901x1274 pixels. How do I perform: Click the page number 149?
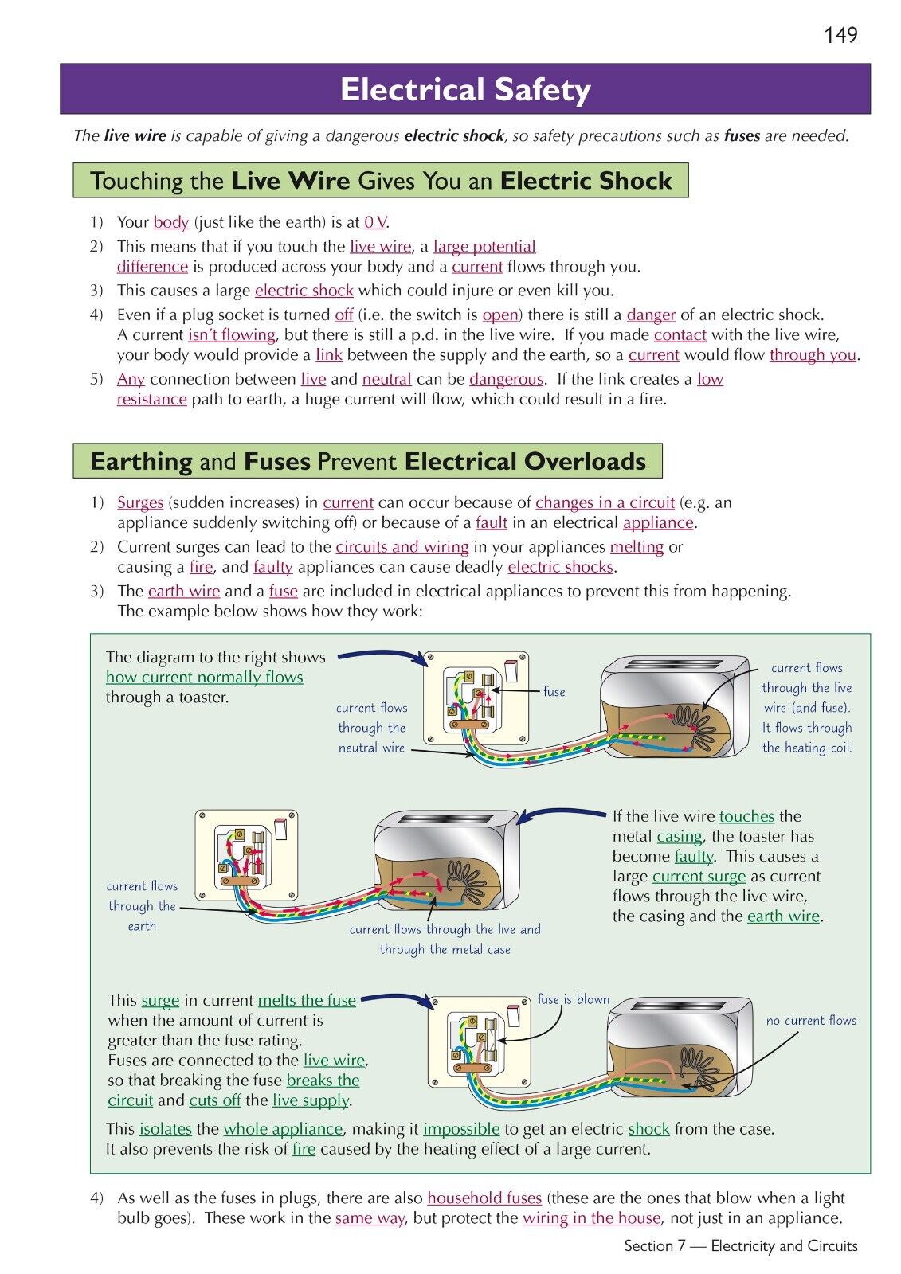click(x=840, y=35)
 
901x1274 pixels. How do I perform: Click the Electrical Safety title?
click(x=465, y=90)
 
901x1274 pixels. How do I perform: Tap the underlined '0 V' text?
click(x=375, y=222)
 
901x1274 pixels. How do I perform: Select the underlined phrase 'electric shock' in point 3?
click(x=304, y=291)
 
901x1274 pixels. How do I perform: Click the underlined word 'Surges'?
click(x=140, y=502)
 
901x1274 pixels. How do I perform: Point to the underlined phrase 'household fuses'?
click(x=484, y=1198)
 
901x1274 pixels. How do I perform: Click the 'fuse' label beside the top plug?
click(x=554, y=692)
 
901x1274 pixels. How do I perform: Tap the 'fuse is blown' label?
click(x=573, y=999)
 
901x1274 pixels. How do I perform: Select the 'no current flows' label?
click(x=811, y=1020)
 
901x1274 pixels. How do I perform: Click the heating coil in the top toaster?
click(x=691, y=721)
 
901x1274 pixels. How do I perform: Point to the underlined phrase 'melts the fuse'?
click(x=307, y=1000)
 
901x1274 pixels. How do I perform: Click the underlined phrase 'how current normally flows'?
click(x=205, y=678)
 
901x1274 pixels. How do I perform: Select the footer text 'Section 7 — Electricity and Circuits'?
click(x=741, y=1246)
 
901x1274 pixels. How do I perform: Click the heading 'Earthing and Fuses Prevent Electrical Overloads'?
click(x=367, y=462)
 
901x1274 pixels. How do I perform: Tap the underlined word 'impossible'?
click(x=461, y=1129)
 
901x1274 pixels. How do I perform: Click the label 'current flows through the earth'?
click(x=142, y=906)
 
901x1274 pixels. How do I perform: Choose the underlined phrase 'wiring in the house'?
click(x=591, y=1218)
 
